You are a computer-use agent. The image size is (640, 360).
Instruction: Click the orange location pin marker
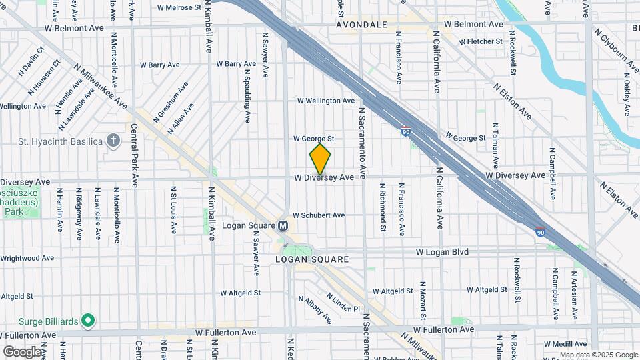320,159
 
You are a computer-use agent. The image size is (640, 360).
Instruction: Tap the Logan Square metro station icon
283,226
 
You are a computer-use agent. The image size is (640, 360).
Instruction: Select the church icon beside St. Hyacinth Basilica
114,141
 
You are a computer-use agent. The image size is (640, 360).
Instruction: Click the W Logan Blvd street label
442,252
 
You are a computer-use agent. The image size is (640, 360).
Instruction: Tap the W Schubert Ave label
319,215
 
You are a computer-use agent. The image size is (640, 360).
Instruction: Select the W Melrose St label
179,7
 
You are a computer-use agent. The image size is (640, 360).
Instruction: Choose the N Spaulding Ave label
247,92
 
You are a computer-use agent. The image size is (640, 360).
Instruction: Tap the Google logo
22,351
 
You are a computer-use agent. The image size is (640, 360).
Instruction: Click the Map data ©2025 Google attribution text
599,355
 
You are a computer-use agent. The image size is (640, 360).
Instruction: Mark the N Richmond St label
383,208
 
